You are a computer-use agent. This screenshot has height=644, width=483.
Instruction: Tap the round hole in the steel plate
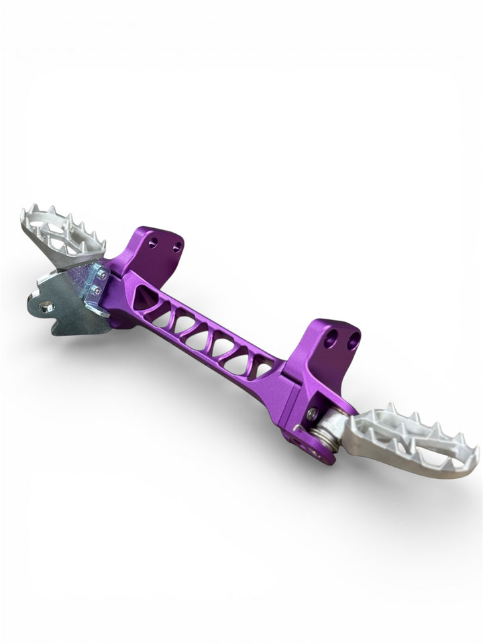coord(46,307)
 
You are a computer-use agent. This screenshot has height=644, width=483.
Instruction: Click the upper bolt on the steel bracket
coord(102,275)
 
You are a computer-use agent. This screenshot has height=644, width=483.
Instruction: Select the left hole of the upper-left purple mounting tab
coord(154,242)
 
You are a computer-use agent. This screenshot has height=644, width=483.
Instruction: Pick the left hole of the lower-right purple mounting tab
coord(330,339)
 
